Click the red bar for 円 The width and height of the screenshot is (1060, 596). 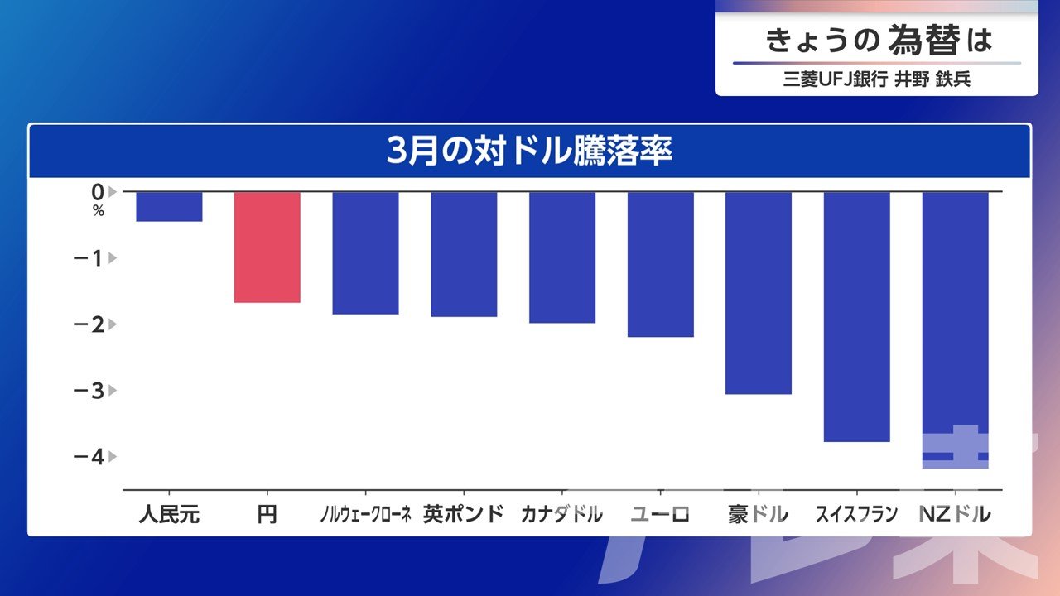click(267, 248)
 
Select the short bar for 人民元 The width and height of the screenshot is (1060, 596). click(169, 207)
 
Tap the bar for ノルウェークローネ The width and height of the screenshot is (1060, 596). click(365, 253)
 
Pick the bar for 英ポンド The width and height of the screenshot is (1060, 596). click(464, 254)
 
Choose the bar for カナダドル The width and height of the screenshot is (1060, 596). click(562, 257)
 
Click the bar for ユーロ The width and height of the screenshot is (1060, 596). click(660, 264)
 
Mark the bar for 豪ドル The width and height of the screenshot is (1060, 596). click(759, 293)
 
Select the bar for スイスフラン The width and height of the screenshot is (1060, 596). click(857, 317)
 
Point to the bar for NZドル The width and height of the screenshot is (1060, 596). click(955, 330)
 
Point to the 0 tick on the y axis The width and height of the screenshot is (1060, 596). click(98, 191)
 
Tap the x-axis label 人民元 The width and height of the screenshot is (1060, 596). click(169, 514)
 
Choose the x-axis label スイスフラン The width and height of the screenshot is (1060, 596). click(856, 514)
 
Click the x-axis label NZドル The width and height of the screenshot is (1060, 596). click(955, 514)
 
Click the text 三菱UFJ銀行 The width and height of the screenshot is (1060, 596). click(836, 80)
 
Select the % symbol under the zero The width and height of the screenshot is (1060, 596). click(98, 211)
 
